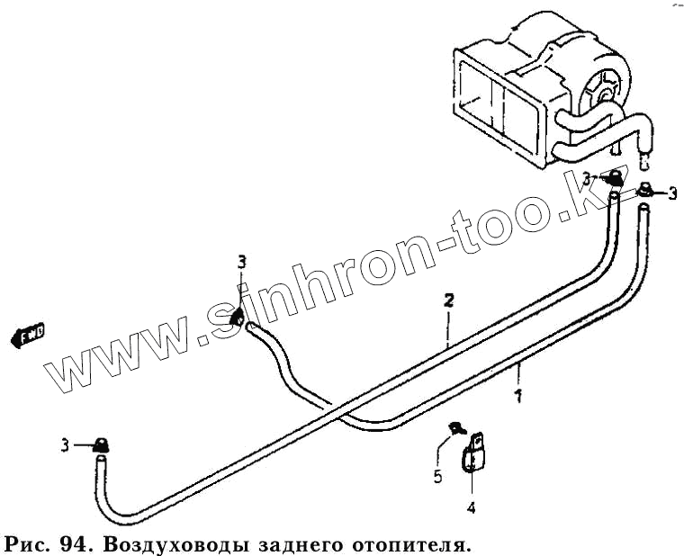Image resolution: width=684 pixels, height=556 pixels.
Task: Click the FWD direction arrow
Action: (x=27, y=336)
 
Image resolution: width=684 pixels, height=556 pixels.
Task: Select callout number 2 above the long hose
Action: (x=447, y=300)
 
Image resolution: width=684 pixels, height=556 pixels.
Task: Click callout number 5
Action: (x=438, y=477)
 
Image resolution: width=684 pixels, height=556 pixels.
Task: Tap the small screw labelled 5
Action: (x=456, y=428)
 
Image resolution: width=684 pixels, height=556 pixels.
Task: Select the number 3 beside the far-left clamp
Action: (x=65, y=444)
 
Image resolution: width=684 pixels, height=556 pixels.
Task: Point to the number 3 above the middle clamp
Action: (x=241, y=262)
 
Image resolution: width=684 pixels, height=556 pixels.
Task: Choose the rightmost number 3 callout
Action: (x=671, y=192)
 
